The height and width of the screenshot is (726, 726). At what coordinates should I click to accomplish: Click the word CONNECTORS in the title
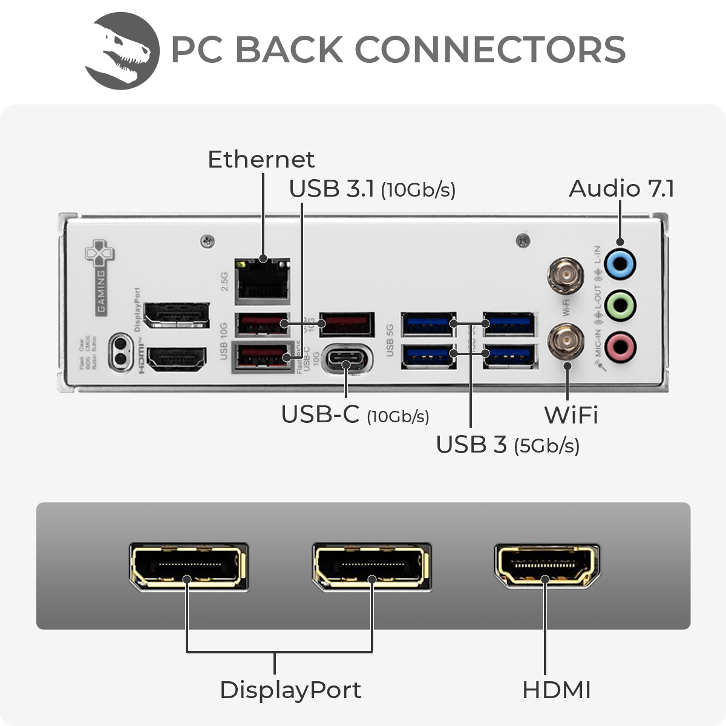(x=490, y=50)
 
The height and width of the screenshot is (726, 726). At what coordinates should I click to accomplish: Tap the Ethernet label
(x=261, y=160)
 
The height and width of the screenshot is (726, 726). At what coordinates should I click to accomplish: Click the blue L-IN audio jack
(x=620, y=264)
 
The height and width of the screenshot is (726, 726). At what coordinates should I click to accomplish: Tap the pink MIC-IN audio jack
(x=620, y=347)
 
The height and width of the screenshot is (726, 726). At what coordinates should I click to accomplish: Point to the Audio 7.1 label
(x=621, y=189)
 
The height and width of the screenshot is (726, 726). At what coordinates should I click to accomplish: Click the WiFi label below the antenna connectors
(x=571, y=416)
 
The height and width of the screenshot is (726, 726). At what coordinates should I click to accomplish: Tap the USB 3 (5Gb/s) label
(x=508, y=445)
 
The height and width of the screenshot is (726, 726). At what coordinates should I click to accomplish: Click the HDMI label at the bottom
(x=556, y=690)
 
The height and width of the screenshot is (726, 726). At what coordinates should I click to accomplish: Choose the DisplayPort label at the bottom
(x=290, y=690)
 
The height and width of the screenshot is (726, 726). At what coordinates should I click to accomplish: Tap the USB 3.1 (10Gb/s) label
(x=371, y=189)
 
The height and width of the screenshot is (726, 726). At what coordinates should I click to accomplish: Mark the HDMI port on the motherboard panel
(x=177, y=359)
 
